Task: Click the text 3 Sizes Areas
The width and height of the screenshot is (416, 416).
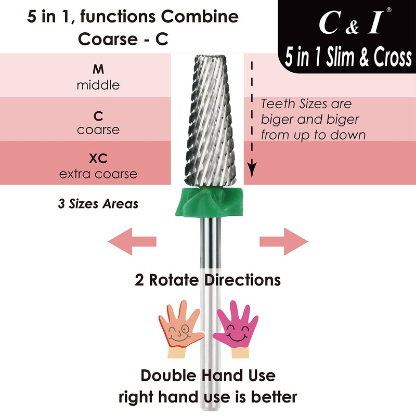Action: click(x=98, y=203)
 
